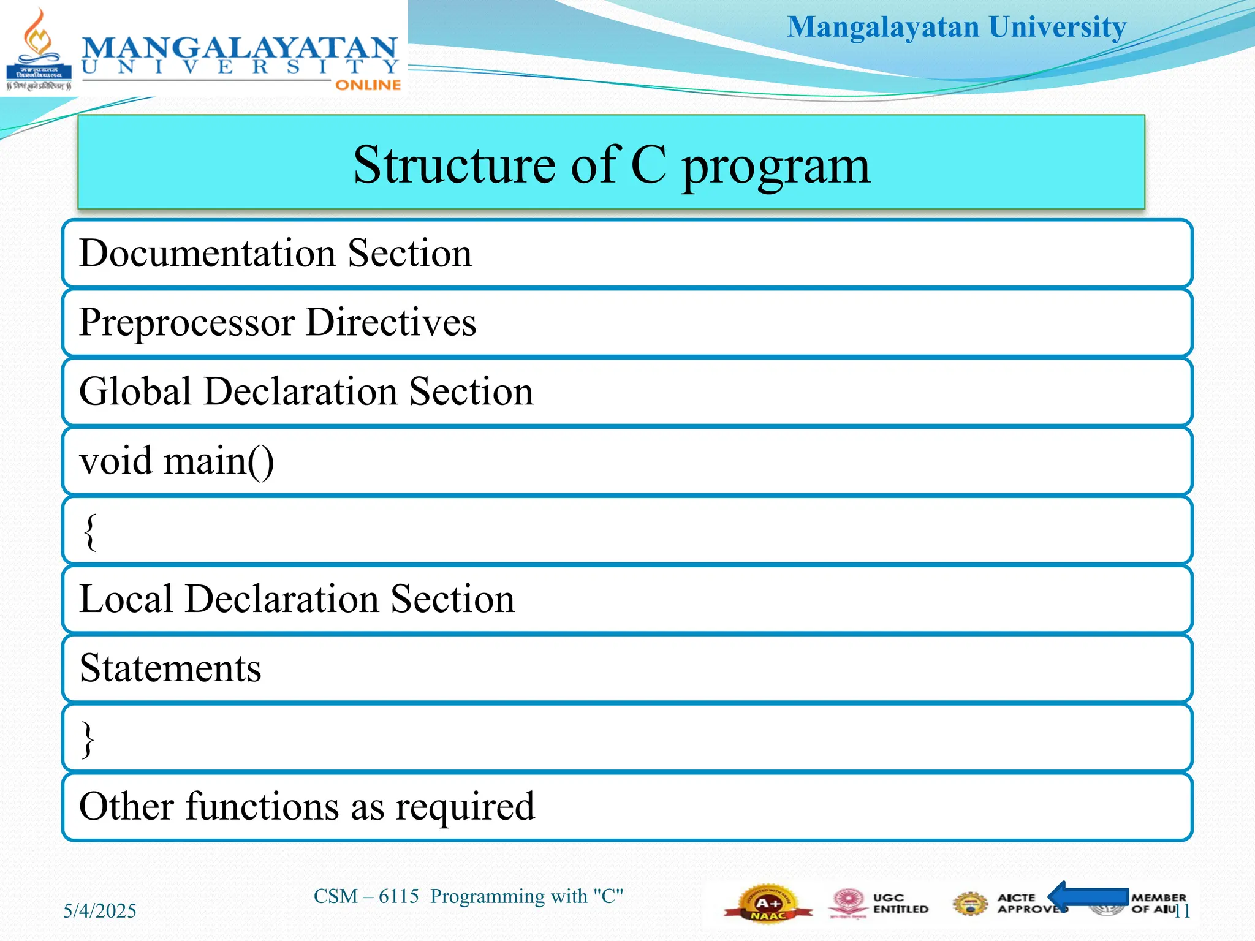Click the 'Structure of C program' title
tap(612, 165)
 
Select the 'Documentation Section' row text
tap(276, 253)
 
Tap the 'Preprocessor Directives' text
tap(278, 322)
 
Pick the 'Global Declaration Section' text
tap(306, 391)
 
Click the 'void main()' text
tap(176, 461)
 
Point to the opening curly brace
tap(90, 531)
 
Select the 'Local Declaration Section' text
tap(297, 599)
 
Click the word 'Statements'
tap(170, 668)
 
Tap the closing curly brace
tap(88, 739)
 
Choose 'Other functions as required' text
tap(307, 806)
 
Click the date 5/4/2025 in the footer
tap(100, 911)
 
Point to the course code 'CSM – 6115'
tap(366, 896)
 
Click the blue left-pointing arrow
tap(1087, 897)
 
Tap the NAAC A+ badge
tap(767, 904)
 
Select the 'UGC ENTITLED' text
tap(900, 904)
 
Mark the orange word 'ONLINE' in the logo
tap(368, 85)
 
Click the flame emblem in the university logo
tap(38, 37)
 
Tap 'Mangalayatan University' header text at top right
tap(957, 27)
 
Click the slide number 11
tap(1182, 911)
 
